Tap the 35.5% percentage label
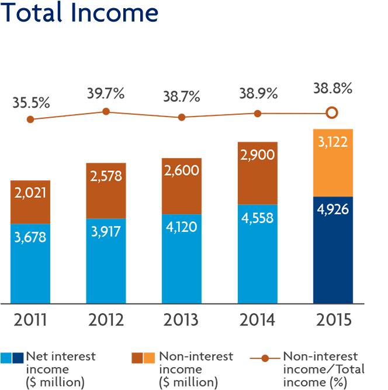tap(31, 103)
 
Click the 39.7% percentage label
tap(106, 94)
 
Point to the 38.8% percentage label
tap(332, 89)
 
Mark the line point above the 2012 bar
tap(106, 111)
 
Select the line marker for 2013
tap(182, 117)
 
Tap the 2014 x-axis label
tap(257, 321)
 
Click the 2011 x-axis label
tap(30, 321)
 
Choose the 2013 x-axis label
tap(181, 321)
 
